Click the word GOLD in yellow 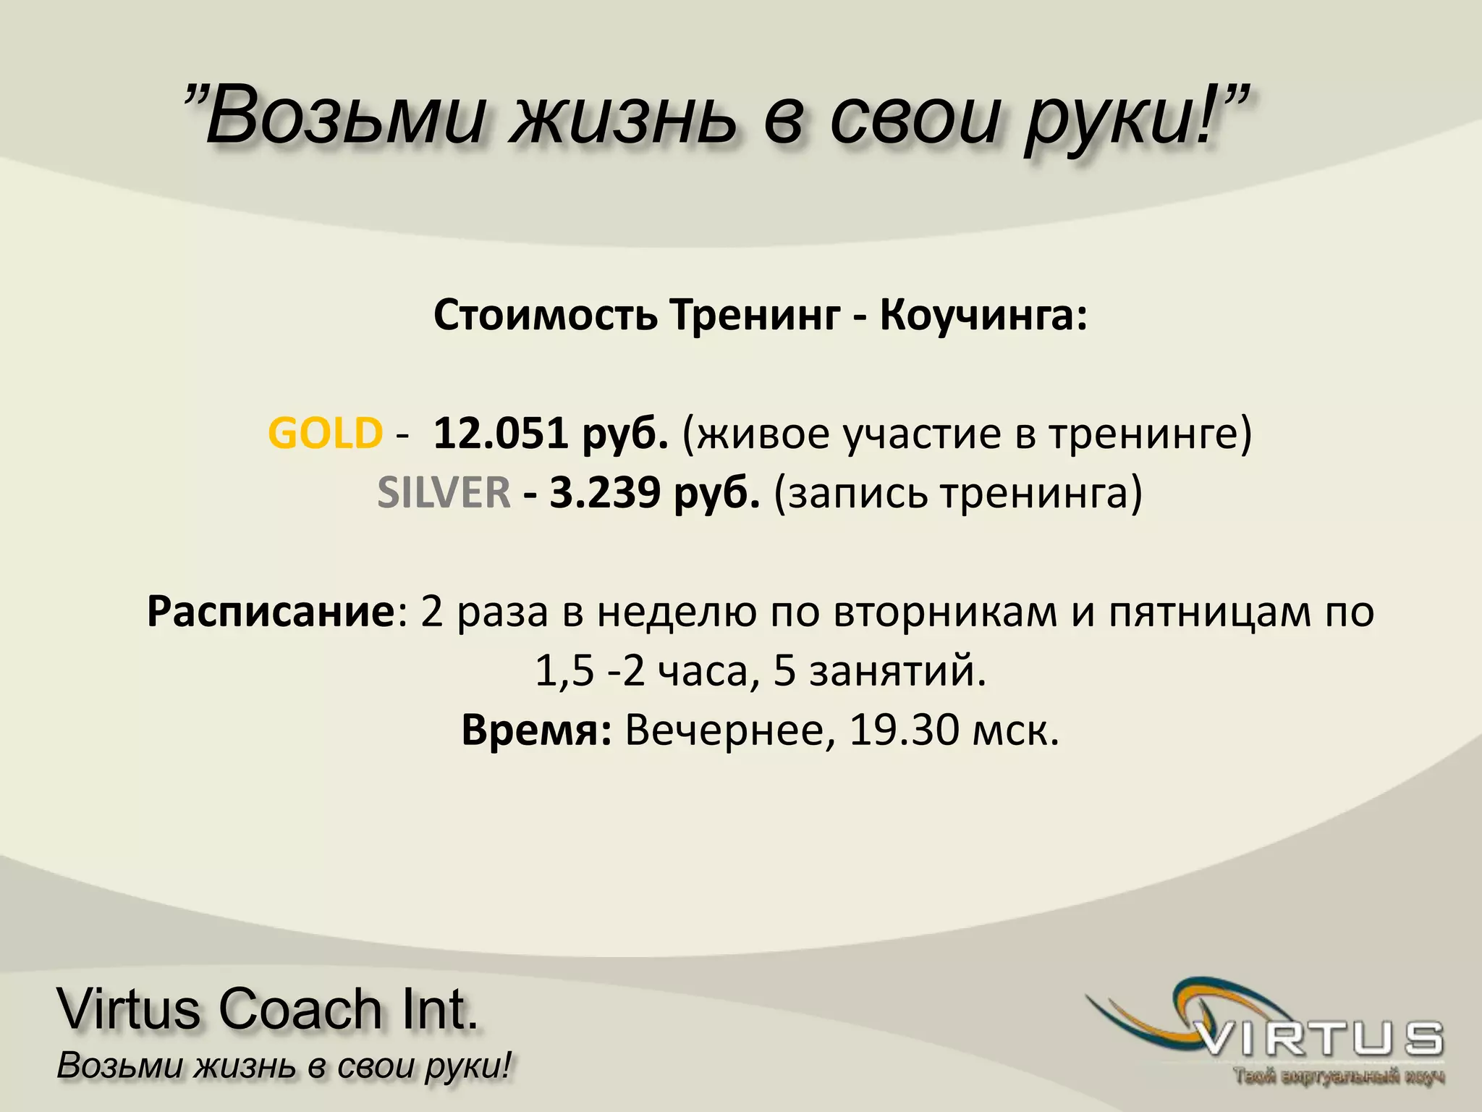pos(325,434)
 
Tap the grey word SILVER pos(444,493)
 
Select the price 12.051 pos(500,434)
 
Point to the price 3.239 pos(605,493)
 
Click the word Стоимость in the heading pos(546,315)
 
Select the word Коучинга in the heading pos(983,316)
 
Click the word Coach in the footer pos(300,1009)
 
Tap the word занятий pos(897,671)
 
